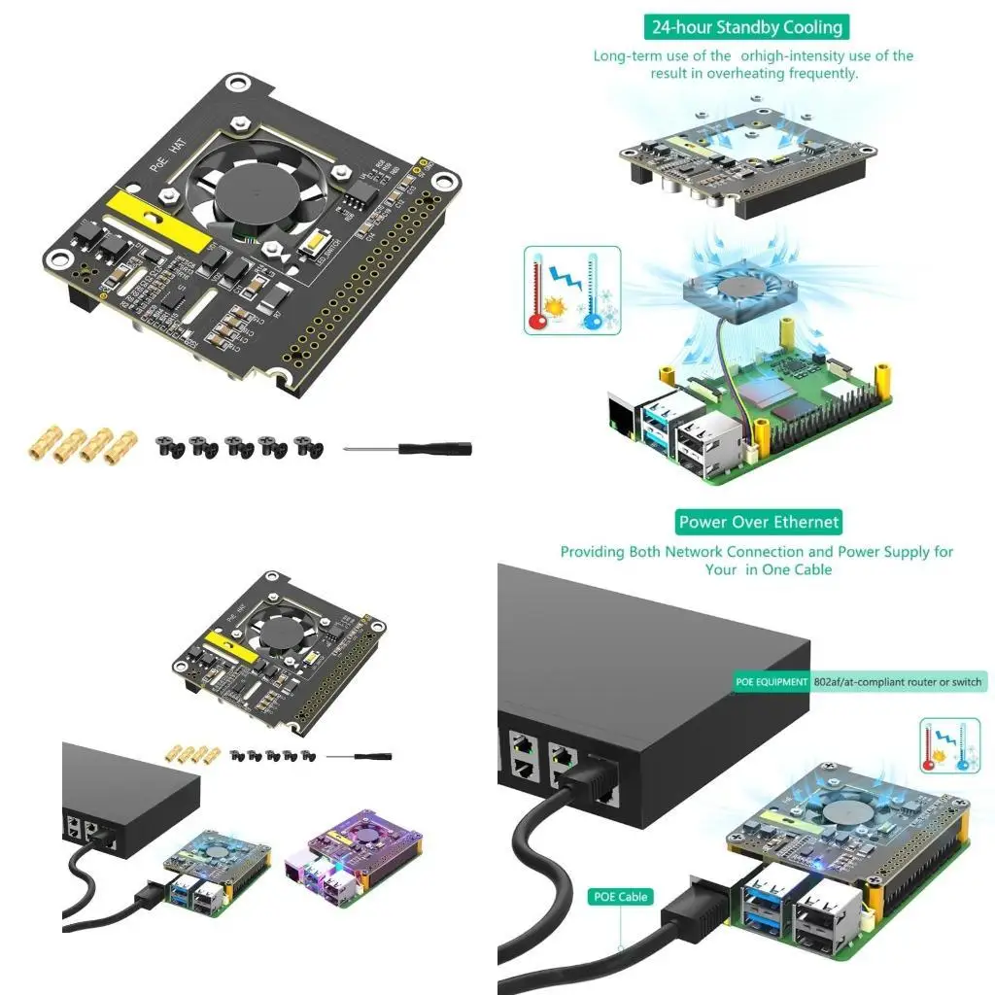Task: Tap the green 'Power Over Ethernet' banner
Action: pyautogui.click(x=759, y=522)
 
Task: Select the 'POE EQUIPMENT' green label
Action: pyautogui.click(x=772, y=682)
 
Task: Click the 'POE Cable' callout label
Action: pyautogui.click(x=620, y=897)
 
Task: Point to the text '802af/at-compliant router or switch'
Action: pyautogui.click(x=898, y=682)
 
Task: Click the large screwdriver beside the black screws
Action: pyautogui.click(x=408, y=449)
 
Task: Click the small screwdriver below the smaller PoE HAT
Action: pyautogui.click(x=359, y=755)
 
